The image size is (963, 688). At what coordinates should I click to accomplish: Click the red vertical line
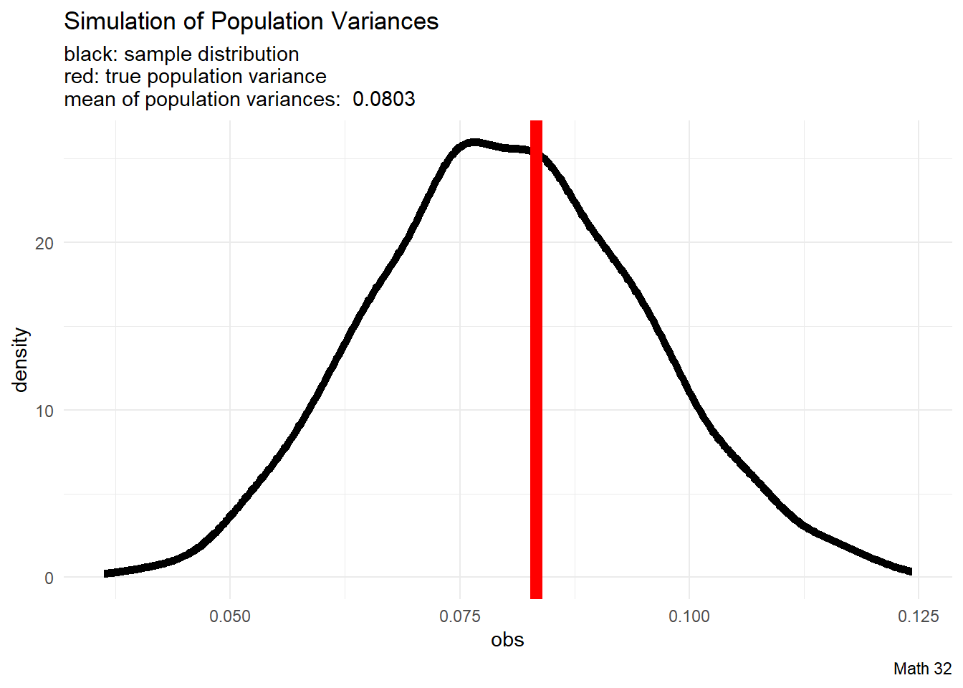point(536,358)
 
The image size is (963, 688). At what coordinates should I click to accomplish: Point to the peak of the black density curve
point(473,143)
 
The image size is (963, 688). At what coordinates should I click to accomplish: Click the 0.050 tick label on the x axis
point(230,616)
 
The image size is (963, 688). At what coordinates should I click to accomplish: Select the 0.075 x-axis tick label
point(460,616)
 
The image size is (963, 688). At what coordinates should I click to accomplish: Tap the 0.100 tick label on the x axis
point(689,616)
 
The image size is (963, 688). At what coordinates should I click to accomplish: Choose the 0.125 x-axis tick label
point(918,616)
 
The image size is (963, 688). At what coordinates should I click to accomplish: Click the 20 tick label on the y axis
point(44,243)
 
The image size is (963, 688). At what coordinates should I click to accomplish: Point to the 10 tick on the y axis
point(44,411)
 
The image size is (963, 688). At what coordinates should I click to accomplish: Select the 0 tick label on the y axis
point(49,578)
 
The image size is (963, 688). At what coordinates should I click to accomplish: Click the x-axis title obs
point(507,640)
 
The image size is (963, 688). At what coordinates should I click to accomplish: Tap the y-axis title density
point(20,360)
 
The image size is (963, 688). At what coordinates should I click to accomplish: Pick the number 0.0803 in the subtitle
point(384,99)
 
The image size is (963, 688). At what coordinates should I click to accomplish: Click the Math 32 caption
point(922,669)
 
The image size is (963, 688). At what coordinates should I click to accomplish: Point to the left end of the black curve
point(106,573)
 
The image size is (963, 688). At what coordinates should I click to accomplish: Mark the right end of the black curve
point(910,571)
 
